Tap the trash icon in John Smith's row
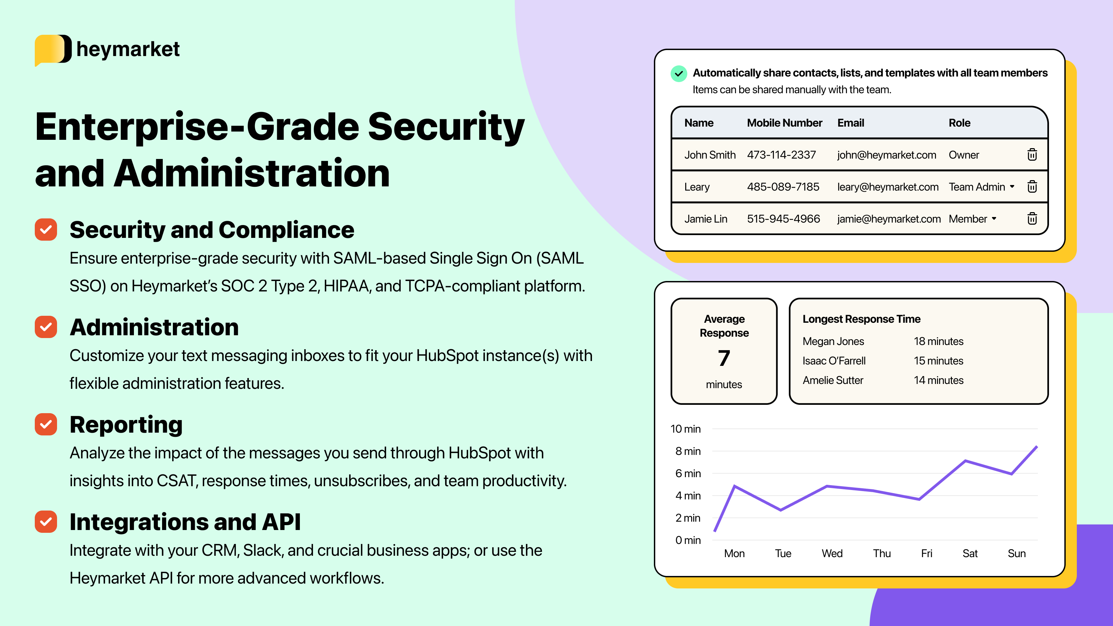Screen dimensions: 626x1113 point(1032,155)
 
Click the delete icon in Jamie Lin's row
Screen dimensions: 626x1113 point(1032,219)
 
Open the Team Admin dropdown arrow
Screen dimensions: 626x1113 point(1012,187)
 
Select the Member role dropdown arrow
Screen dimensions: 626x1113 point(994,219)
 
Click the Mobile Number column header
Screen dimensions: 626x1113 point(784,123)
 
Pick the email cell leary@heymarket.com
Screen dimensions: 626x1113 point(888,187)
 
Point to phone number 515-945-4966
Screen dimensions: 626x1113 point(783,219)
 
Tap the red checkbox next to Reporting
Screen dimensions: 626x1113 point(46,424)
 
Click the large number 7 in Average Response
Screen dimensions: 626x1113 point(724,358)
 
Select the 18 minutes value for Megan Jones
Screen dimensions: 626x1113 point(938,341)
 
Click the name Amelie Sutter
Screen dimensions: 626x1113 point(833,380)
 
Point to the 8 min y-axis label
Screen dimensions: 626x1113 point(688,451)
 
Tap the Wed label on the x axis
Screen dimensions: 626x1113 point(832,553)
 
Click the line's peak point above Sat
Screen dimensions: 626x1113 point(965,460)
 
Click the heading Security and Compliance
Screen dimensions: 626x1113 point(212,230)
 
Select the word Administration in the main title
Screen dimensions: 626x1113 point(251,173)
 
